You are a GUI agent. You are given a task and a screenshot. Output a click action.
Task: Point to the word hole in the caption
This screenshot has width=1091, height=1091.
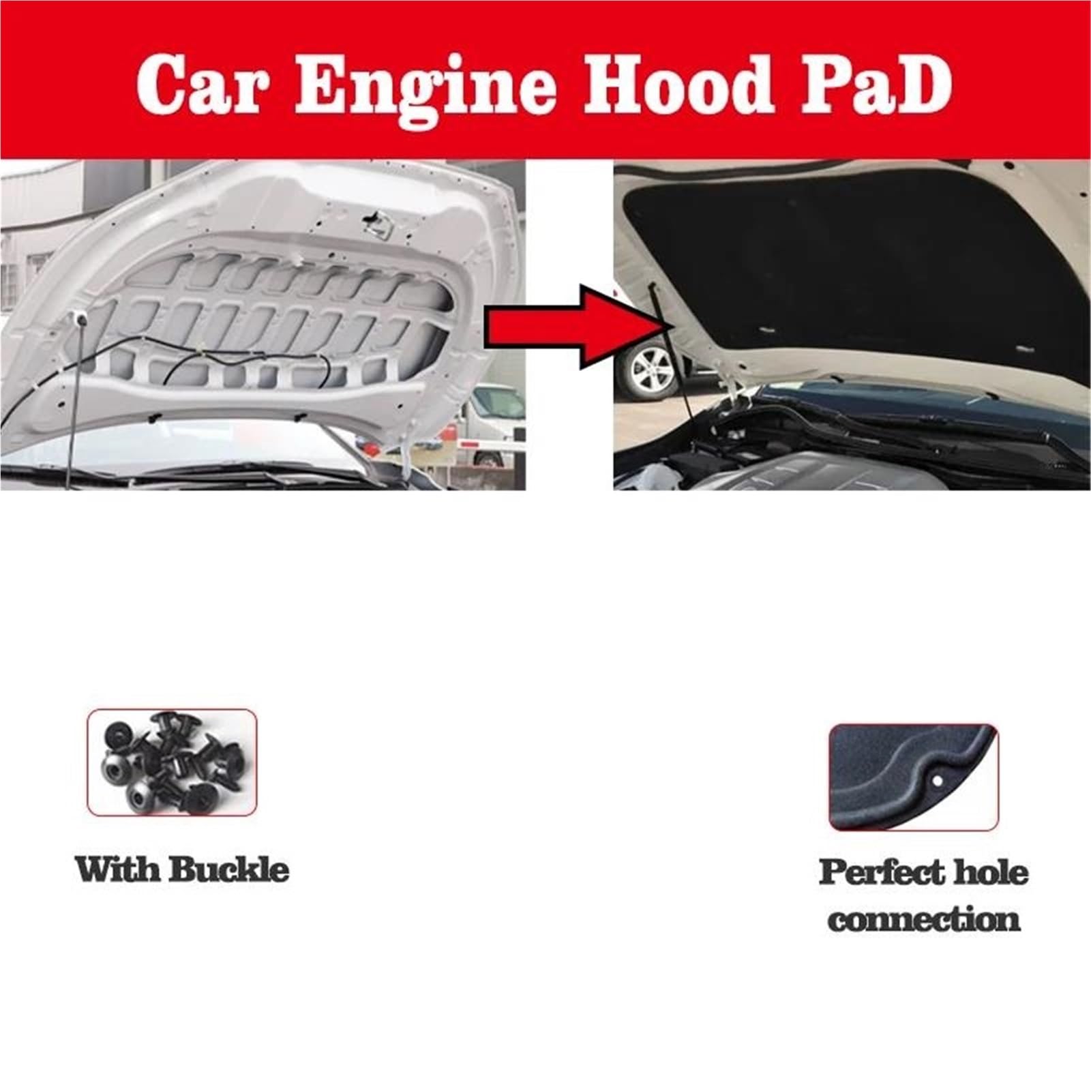992,872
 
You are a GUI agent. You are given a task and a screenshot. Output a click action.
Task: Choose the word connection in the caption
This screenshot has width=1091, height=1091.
924,920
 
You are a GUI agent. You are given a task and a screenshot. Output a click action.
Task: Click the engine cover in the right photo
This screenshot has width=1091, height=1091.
805,464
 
